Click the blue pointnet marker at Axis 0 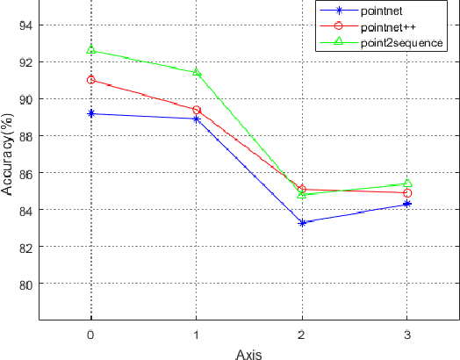(x=90, y=113)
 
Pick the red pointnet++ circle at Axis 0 (x=90, y=80)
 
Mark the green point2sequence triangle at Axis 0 (x=90, y=50)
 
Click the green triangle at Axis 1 (x=197, y=72)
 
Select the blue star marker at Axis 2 (x=302, y=222)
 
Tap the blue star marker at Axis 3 (x=407, y=204)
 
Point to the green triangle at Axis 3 (x=407, y=183)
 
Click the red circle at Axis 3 (x=407, y=192)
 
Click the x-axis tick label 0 (x=90, y=335)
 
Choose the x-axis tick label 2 (x=302, y=335)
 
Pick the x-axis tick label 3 (x=407, y=335)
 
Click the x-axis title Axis (x=248, y=353)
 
